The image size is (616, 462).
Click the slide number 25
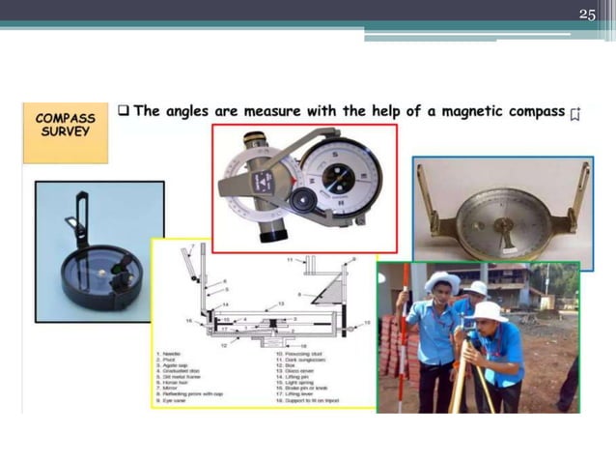click(587, 14)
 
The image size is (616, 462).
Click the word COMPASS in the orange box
click(65, 117)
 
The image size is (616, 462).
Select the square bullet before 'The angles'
click(124, 110)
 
